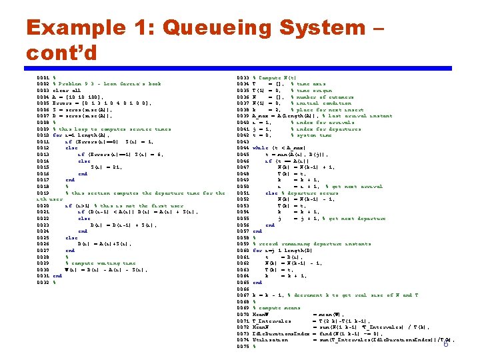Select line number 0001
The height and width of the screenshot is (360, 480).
43,77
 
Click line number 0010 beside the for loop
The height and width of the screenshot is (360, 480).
43,135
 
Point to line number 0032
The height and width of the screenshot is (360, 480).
43,283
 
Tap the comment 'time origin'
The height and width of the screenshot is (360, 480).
311,90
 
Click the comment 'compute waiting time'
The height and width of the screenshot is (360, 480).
103,263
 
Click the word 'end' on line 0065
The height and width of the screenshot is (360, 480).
258,283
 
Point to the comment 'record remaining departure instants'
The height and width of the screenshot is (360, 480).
314,244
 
